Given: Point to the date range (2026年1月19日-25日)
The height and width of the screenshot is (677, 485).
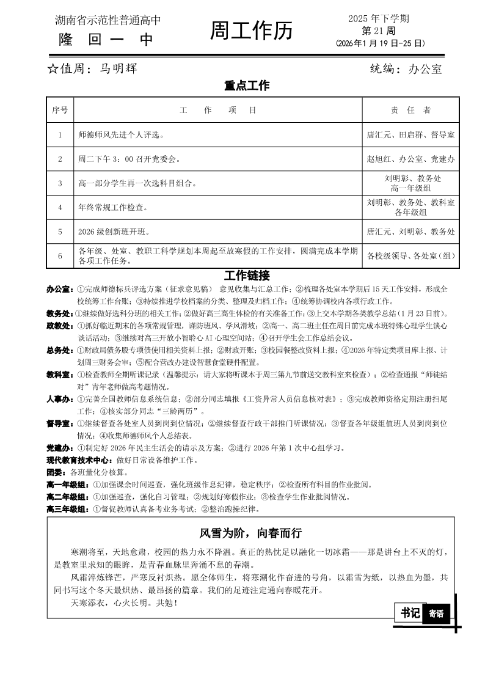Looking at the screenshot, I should coord(379,43).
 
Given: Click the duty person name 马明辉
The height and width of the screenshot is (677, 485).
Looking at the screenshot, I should coord(119,68).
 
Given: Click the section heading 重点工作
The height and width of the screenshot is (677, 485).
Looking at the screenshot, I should coord(247,86).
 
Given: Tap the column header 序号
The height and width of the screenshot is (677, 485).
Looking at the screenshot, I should coord(60,110).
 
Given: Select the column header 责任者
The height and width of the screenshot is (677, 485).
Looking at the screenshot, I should coord(410,110).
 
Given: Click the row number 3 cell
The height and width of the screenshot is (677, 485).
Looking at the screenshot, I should coord(60,183).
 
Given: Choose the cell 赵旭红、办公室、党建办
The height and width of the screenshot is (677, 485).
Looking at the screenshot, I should coord(410,159).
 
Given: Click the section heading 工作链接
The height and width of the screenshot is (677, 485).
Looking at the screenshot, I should coord(247,276).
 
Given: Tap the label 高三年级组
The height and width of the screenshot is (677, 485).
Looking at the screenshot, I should coord(68,509).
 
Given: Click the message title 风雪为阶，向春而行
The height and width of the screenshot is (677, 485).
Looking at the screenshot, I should coord(250,533).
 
